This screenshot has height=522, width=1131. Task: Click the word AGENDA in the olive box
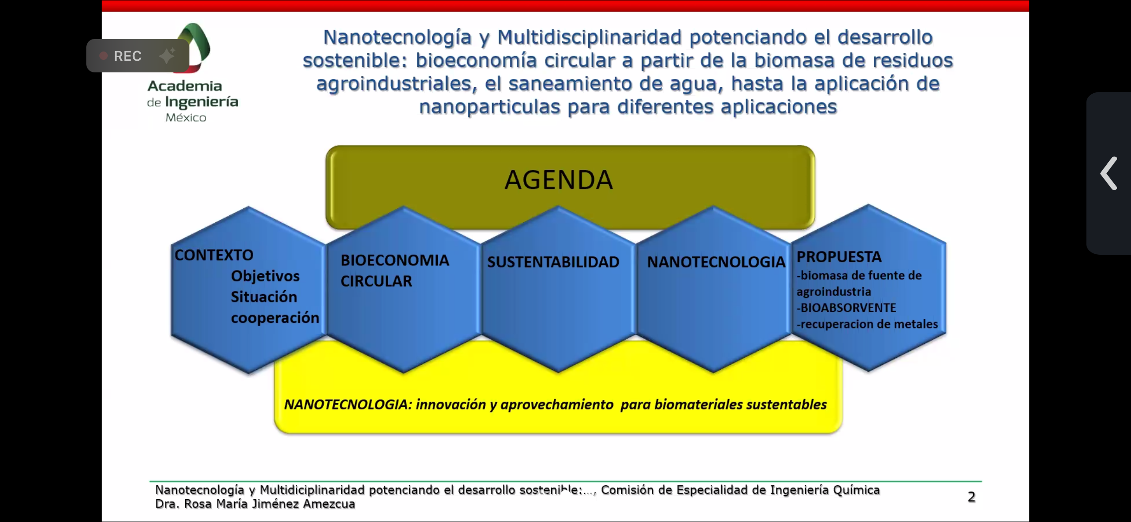[559, 180]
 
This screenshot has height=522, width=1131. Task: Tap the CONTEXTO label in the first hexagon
[214, 255]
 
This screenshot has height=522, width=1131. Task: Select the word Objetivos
[265, 276]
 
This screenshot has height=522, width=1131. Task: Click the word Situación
[264, 296]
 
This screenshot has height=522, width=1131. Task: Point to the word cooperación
[275, 318]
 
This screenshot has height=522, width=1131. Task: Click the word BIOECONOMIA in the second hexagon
[395, 260]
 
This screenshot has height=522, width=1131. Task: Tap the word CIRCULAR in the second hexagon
[376, 281]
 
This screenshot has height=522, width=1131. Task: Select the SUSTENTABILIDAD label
[553, 262]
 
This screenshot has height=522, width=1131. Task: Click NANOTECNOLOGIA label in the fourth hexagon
[716, 262]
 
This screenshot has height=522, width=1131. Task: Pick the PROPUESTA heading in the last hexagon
[839, 257]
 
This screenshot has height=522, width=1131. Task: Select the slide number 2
[971, 497]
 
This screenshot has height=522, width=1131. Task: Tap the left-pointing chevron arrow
[1109, 173]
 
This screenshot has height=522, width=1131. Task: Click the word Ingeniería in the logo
[201, 102]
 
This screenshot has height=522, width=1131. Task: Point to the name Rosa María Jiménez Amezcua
[269, 504]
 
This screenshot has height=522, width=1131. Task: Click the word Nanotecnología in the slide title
[397, 38]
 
